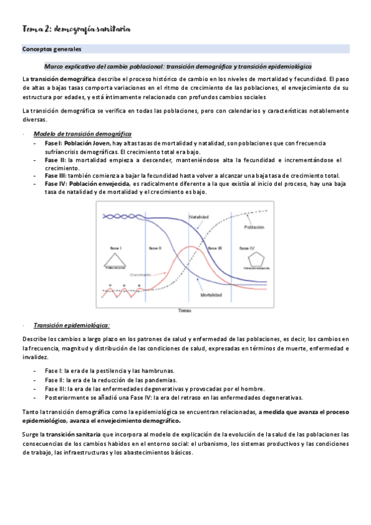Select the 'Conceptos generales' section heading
coord(53,48)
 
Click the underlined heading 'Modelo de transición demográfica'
coord(82,134)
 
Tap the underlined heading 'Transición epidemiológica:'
coord(72,325)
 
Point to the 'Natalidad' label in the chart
coord(198,217)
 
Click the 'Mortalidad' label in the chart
coord(211,295)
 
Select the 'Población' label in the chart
coord(255,227)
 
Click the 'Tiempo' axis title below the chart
coord(185,310)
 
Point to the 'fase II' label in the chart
coord(155,248)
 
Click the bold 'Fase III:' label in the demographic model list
coord(56,175)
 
